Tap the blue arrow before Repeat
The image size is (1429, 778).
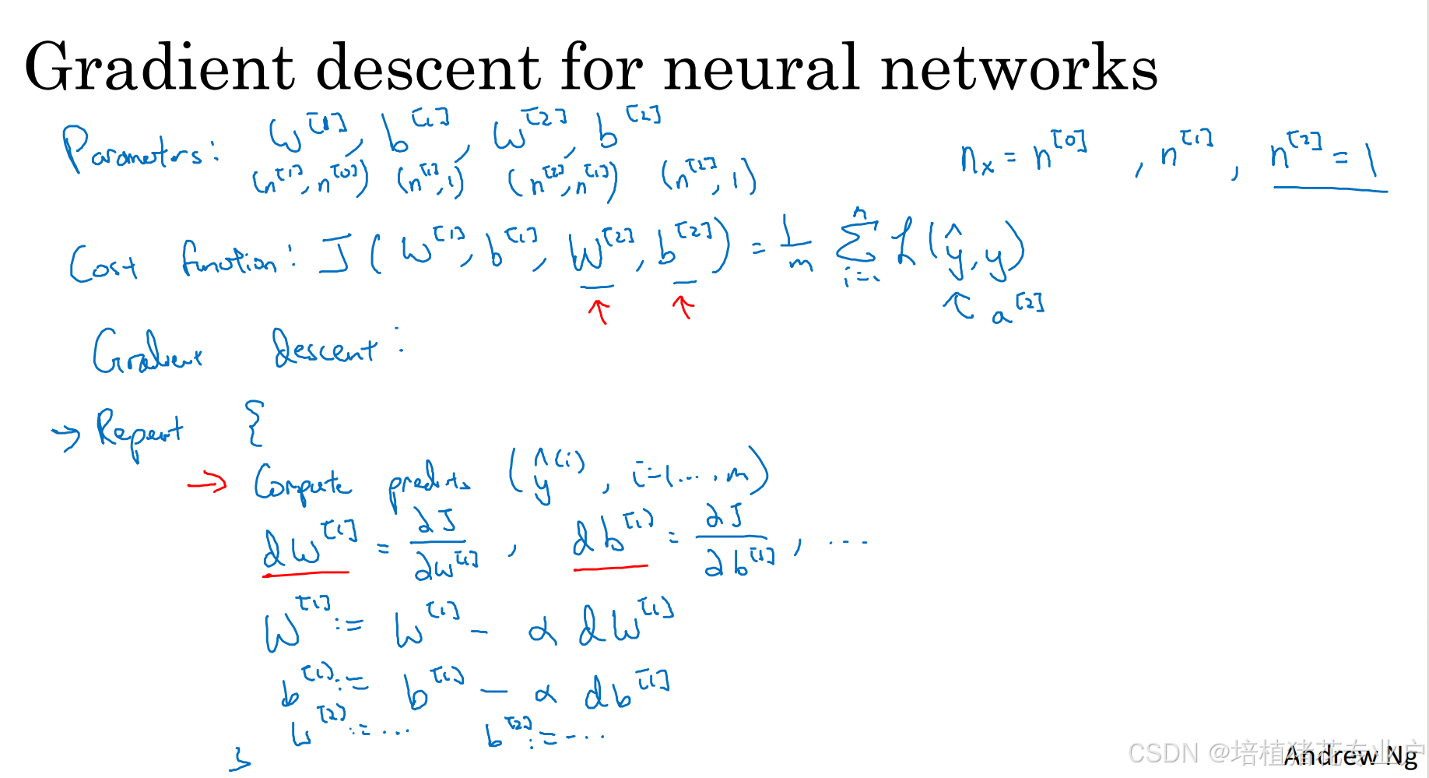click(66, 436)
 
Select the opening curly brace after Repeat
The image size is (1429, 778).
click(255, 423)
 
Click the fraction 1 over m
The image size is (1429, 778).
click(798, 246)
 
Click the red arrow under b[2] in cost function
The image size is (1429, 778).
click(683, 307)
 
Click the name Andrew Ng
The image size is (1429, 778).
click(1350, 755)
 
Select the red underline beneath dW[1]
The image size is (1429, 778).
click(306, 574)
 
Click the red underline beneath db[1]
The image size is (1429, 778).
click(610, 569)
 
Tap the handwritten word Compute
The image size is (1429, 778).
click(303, 483)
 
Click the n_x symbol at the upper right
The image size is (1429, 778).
click(978, 160)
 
